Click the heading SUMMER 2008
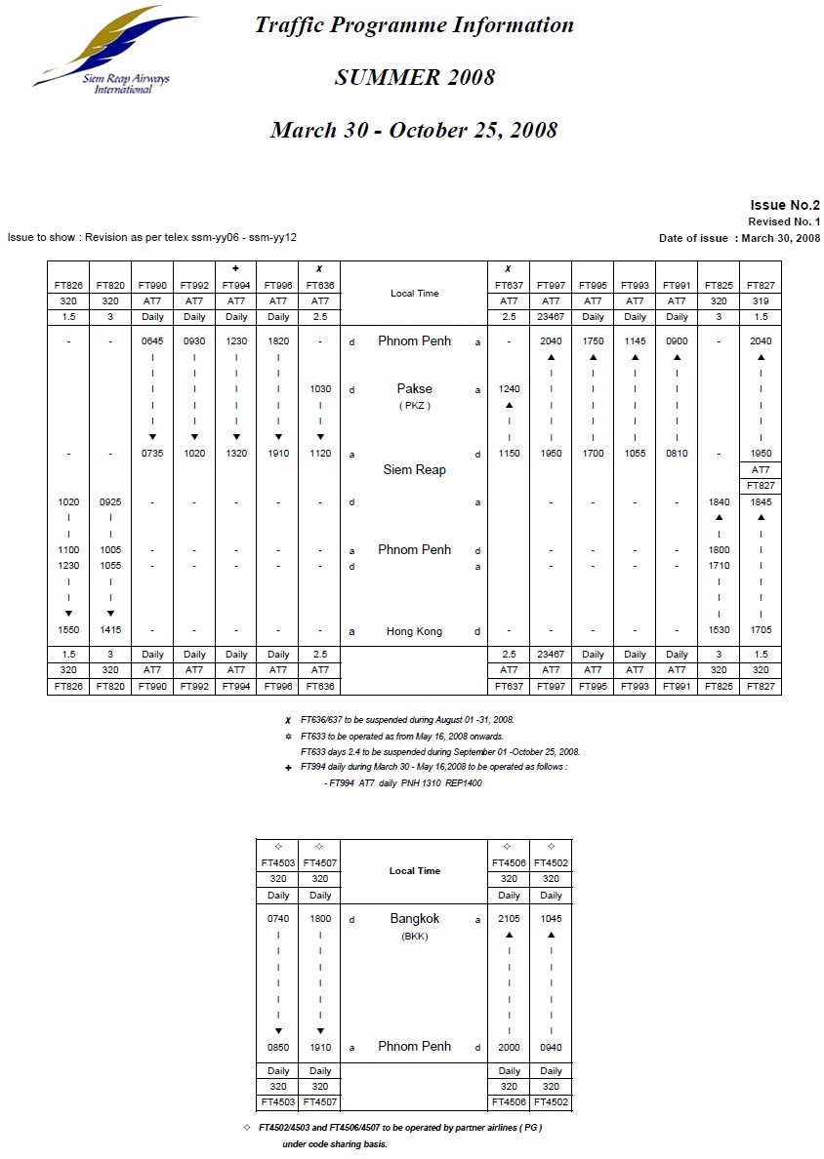pos(414,78)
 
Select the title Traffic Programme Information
pos(414,25)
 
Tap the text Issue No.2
pos(784,205)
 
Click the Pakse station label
pos(414,389)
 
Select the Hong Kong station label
pos(414,631)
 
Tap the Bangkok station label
pos(414,919)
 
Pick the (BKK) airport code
pos(414,937)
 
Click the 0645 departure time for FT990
pos(152,342)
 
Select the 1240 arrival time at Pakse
pos(509,389)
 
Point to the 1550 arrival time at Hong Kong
pos(68,631)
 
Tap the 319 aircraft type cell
pos(761,301)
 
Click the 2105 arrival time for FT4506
pos(509,919)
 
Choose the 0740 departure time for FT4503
pos(278,919)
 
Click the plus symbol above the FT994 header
pos(236,268)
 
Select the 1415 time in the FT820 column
pos(110,631)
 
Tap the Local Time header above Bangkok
pos(414,871)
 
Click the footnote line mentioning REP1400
pos(402,783)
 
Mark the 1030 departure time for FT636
pos(320,389)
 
